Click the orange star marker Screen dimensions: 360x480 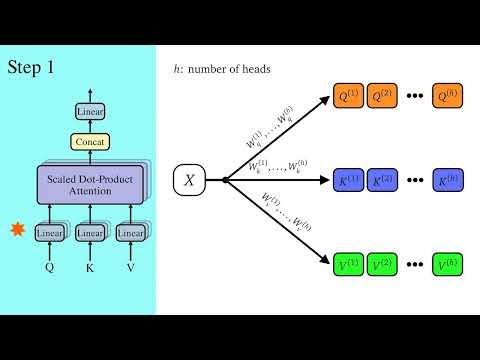pos(16,232)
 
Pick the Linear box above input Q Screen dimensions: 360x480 pos(49,233)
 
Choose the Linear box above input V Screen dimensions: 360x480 pos(131,233)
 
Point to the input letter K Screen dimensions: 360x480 pos(90,267)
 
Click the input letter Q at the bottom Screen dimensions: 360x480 pos(49,267)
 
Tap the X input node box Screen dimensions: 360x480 pos(190,180)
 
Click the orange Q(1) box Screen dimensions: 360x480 pos(347,97)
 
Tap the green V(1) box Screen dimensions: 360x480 pos(347,265)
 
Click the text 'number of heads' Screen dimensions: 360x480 pos(233,69)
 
